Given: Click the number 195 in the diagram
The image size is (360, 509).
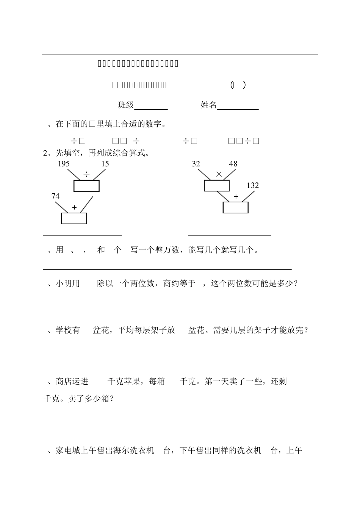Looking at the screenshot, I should click(x=64, y=164).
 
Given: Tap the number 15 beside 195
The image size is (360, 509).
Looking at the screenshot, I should click(x=105, y=164).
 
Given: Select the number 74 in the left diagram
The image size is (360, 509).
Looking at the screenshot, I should click(x=55, y=196).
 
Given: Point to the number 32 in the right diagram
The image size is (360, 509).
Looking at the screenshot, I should click(x=196, y=164).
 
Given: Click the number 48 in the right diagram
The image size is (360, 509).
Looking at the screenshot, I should click(x=233, y=164).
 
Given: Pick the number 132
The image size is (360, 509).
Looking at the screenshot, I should click(x=252, y=186).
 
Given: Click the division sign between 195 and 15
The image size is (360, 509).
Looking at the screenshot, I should click(x=87, y=175).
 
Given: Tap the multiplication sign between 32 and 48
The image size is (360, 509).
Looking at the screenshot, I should click(x=219, y=174).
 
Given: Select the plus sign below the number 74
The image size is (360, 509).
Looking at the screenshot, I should click(x=74, y=208).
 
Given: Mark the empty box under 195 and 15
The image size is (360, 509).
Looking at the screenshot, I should click(x=86, y=186).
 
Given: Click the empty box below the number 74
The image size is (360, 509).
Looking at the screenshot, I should click(x=74, y=218).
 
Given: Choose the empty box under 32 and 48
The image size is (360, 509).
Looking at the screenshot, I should click(x=217, y=186).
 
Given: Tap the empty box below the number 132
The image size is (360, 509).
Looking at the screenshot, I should click(x=235, y=208).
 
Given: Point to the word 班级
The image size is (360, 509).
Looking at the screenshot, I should click(x=126, y=105).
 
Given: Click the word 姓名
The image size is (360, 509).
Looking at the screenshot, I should click(x=208, y=105).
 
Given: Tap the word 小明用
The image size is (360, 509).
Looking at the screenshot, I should click(x=68, y=283).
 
